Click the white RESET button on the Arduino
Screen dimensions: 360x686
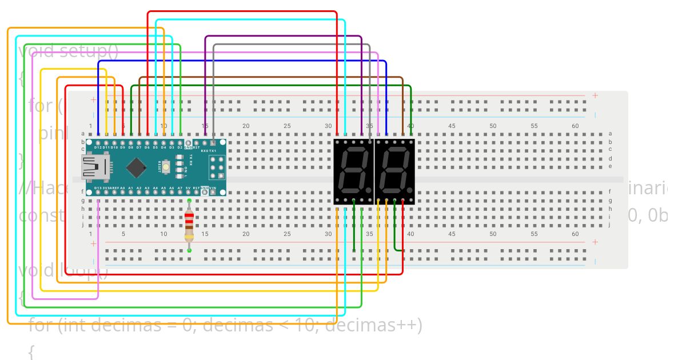[166, 167]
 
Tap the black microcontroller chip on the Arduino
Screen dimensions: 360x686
[136, 167]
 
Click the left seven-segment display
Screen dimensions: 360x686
[353, 170]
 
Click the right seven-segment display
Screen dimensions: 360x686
[394, 170]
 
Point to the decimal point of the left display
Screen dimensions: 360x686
[369, 189]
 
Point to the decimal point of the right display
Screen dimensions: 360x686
[410, 189]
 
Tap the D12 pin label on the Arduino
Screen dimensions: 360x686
[98, 147]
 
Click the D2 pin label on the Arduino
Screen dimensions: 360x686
[180, 147]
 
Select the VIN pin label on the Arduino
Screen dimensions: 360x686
[213, 187]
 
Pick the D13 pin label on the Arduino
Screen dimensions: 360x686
[98, 187]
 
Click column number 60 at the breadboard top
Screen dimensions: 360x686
[575, 126]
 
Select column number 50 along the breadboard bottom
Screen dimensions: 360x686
[493, 234]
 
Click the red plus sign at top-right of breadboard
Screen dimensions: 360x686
[595, 95]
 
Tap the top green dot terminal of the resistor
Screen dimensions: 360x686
[189, 201]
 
